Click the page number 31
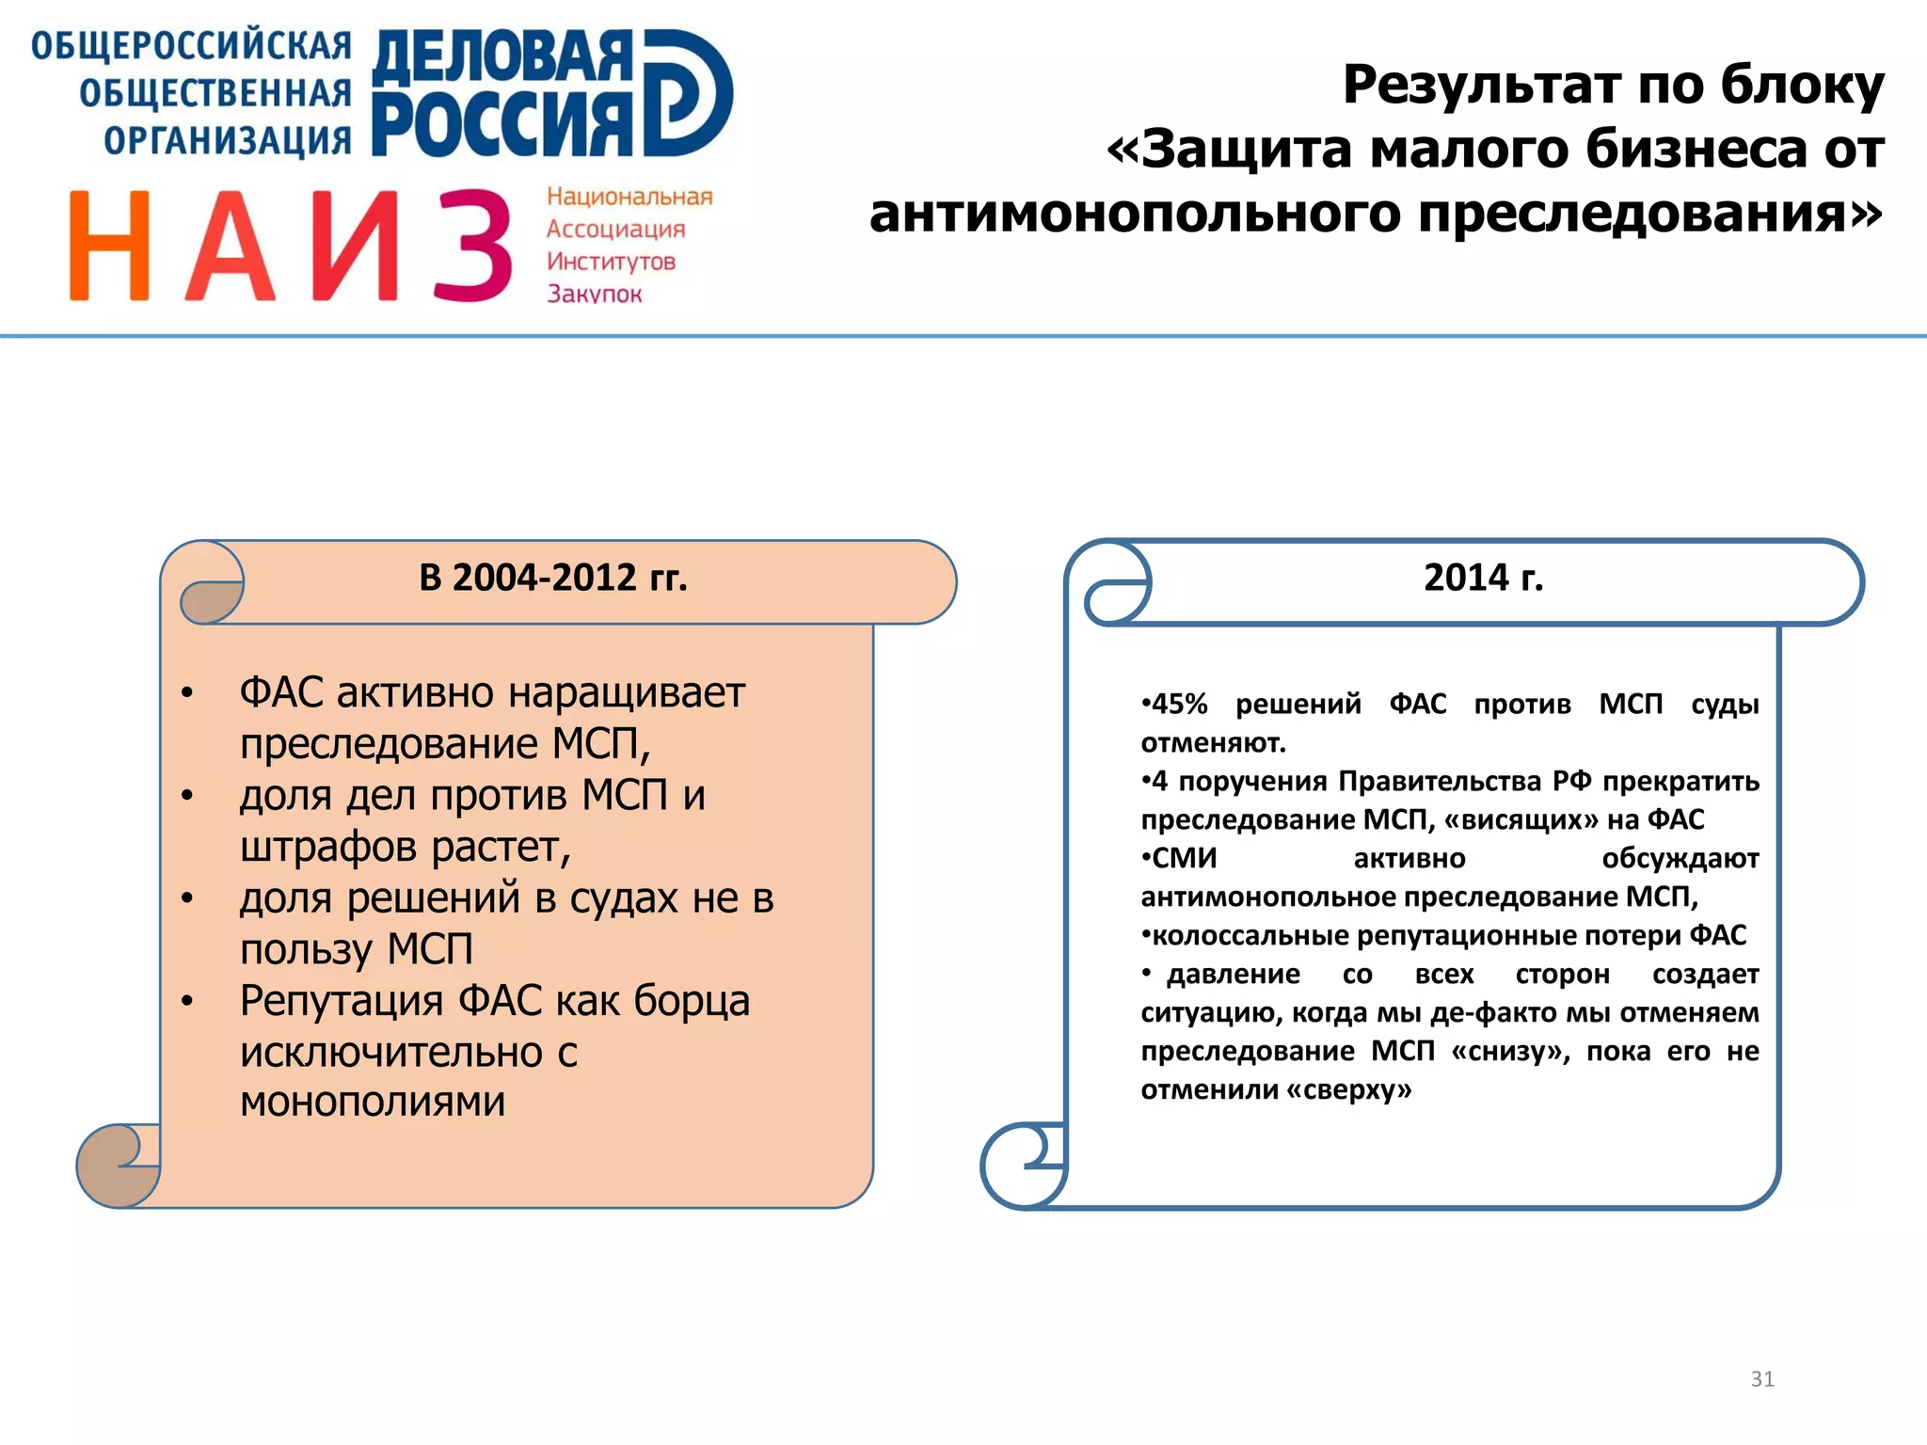[x=1762, y=1379]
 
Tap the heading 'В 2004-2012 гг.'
[x=553, y=578]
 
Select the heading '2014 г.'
[x=1483, y=578]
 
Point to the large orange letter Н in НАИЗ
[x=109, y=246]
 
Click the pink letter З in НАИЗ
[x=472, y=246]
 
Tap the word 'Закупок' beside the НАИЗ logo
[x=595, y=294]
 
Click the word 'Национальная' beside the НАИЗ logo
[x=629, y=197]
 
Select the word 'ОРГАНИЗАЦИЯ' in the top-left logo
[x=227, y=141]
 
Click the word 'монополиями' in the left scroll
[x=373, y=1102]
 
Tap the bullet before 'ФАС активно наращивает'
[x=187, y=694]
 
